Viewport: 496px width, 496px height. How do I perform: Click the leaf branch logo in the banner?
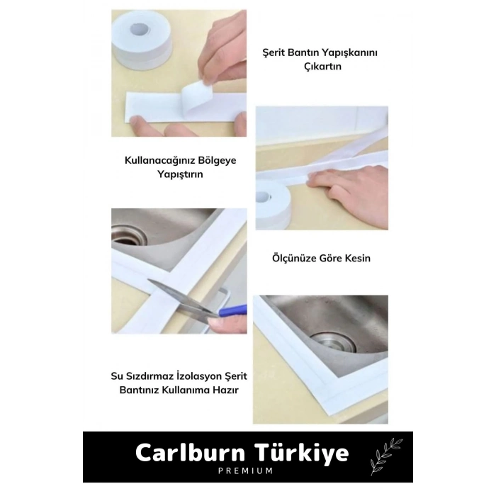click(385, 456)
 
